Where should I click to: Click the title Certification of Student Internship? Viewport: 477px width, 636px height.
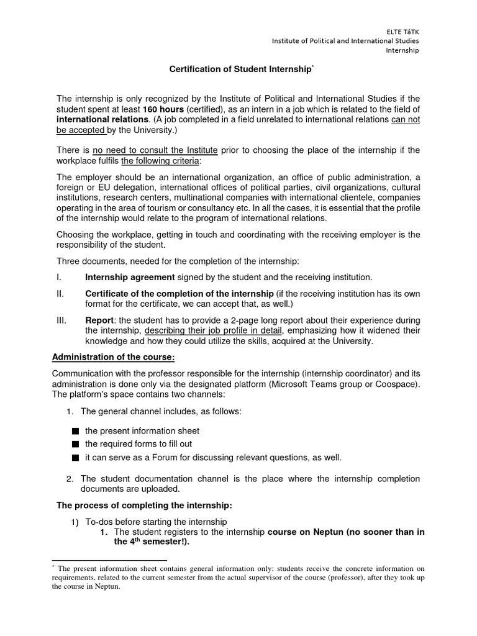(x=240, y=69)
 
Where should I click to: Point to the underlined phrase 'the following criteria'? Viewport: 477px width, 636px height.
(x=160, y=161)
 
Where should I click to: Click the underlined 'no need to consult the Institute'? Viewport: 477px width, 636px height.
(x=155, y=150)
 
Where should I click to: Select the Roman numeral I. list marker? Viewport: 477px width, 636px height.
(x=59, y=277)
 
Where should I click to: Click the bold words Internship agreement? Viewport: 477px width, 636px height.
(x=130, y=277)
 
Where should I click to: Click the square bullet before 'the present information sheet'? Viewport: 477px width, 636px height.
(x=75, y=431)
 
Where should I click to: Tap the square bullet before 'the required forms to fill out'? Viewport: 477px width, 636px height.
(x=75, y=444)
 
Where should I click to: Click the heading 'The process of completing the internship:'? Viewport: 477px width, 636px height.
(x=144, y=505)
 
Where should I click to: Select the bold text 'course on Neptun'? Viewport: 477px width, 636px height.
(x=305, y=532)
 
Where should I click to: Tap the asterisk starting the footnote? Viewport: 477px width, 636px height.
(x=53, y=566)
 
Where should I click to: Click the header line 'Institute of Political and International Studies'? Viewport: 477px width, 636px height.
(x=345, y=41)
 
